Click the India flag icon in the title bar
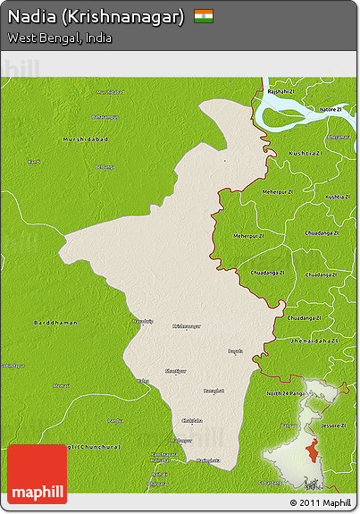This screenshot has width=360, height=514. tap(204, 15)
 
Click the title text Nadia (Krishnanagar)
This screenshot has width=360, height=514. tap(96, 16)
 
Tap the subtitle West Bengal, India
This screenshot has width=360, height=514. tap(60, 38)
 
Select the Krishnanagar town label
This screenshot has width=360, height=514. tap(187, 326)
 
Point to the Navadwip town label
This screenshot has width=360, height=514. tap(142, 320)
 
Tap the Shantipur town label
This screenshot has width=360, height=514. tap(177, 370)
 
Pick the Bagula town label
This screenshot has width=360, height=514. tap(235, 350)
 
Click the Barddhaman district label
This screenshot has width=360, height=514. tap(55, 322)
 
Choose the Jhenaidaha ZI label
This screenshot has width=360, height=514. tap(314, 341)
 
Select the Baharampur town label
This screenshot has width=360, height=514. tap(105, 116)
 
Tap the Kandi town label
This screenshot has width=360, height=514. tap(34, 162)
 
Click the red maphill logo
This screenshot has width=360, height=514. tap(37, 475)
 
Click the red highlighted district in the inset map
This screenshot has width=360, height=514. tap(310, 450)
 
